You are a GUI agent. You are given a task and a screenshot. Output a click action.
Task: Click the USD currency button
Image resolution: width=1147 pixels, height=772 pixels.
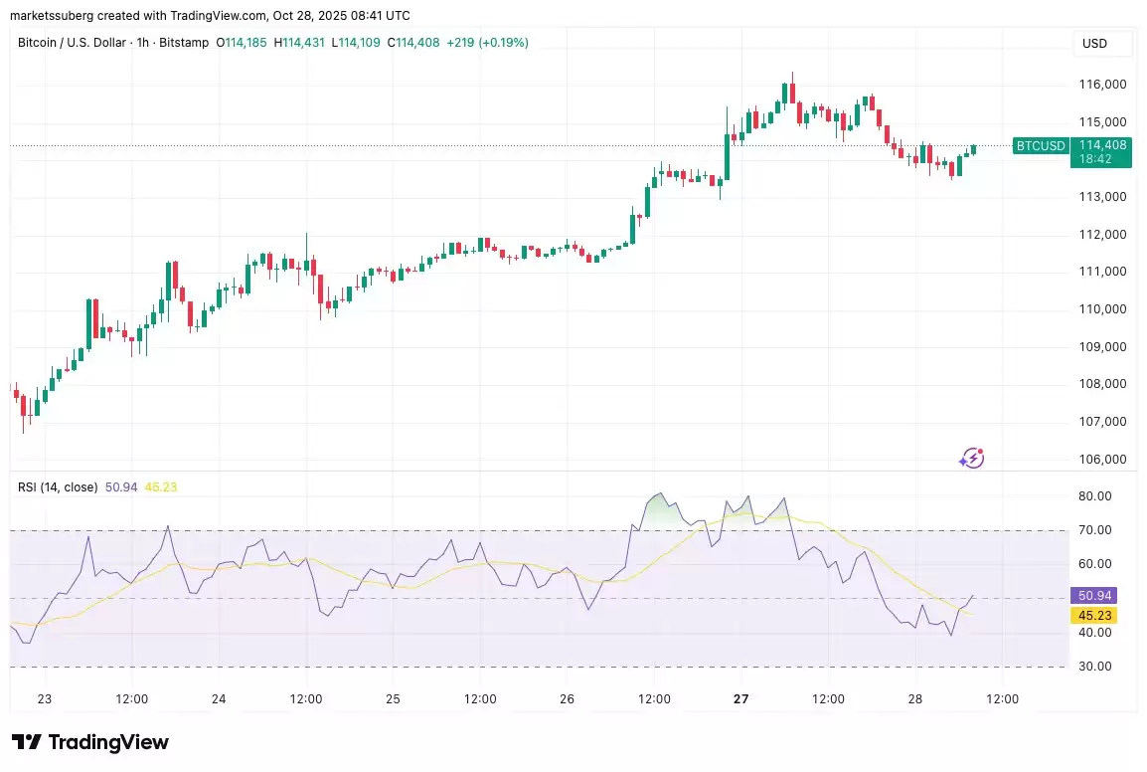pyautogui.click(x=1094, y=44)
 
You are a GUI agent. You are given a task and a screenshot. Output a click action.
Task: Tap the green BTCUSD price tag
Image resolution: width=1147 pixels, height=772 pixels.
pyautogui.click(x=1041, y=146)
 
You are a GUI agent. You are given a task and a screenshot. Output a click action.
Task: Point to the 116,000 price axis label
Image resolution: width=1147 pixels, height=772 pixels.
pyautogui.click(x=1102, y=85)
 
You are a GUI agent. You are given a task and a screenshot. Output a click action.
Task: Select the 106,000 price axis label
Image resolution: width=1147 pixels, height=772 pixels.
pyautogui.click(x=1102, y=460)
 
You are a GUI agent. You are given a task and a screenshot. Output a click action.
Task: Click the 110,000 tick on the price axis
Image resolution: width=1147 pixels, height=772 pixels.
pyautogui.click(x=1102, y=309)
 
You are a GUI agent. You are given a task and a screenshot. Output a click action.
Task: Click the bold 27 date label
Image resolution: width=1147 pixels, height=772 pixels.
pyautogui.click(x=741, y=699)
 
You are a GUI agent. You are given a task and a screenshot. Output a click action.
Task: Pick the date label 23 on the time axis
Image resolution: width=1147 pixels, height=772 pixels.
pyautogui.click(x=45, y=699)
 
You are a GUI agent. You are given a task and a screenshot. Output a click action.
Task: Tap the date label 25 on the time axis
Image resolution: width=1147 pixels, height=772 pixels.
pyautogui.click(x=393, y=699)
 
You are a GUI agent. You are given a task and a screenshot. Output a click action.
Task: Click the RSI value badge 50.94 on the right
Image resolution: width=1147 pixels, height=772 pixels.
pyautogui.click(x=1093, y=596)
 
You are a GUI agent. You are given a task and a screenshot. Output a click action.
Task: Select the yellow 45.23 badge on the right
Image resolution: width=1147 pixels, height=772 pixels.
pyautogui.click(x=1093, y=615)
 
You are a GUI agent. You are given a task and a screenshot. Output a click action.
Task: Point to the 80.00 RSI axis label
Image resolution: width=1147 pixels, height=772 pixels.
pyautogui.click(x=1094, y=496)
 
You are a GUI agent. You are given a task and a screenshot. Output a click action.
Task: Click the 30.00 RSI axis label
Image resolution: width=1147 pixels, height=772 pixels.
pyautogui.click(x=1094, y=667)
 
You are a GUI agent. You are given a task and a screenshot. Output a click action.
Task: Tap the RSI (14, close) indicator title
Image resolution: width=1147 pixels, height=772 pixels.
pyautogui.click(x=58, y=487)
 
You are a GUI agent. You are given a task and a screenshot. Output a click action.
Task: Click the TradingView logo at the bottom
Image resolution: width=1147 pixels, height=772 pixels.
pyautogui.click(x=90, y=742)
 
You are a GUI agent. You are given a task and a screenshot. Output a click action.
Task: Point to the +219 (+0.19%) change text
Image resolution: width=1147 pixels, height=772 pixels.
pyautogui.click(x=486, y=43)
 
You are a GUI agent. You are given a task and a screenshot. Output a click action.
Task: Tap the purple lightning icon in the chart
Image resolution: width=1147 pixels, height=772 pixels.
pyautogui.click(x=971, y=459)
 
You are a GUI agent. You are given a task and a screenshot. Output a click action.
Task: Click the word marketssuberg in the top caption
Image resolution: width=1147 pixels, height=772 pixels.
pyautogui.click(x=56, y=16)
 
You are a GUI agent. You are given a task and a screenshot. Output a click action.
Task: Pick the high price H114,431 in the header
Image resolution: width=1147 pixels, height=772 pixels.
pyautogui.click(x=304, y=43)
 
